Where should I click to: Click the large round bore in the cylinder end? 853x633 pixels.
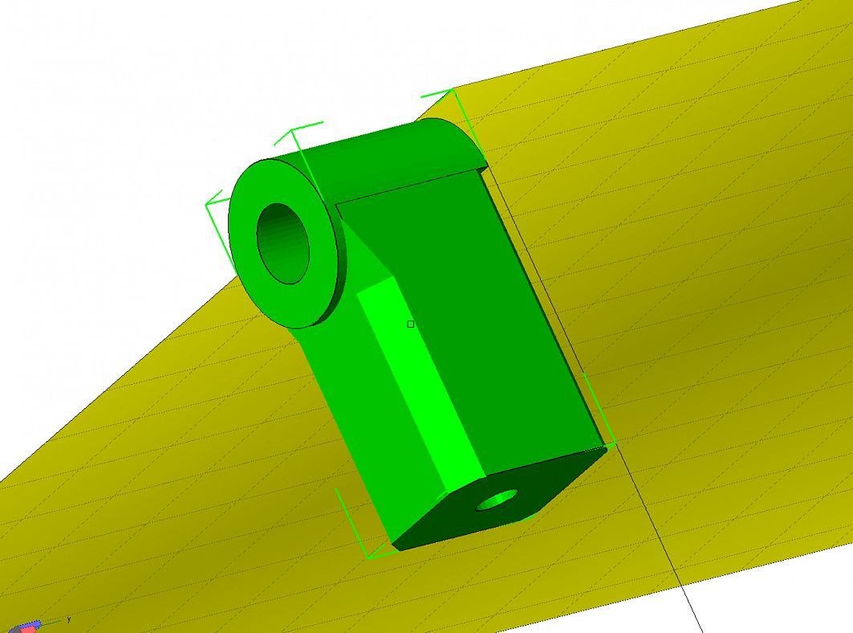283,243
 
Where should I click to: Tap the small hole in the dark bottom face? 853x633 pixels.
497,500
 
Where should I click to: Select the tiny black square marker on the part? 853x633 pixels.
411,324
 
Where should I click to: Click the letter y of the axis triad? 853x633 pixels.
69,619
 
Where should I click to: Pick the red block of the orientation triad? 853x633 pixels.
27,629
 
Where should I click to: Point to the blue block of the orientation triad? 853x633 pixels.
34,623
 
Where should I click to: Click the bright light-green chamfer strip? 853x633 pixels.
421,382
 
